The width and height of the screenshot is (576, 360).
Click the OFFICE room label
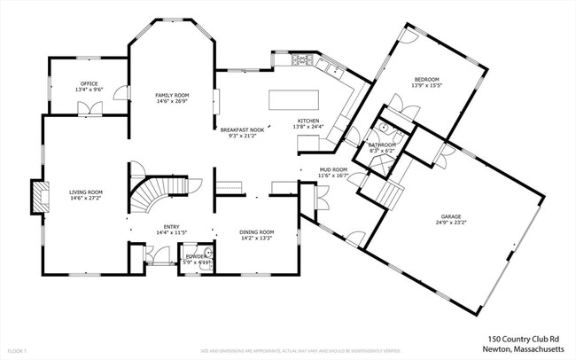[x=90, y=83]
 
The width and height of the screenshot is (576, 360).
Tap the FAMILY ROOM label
[x=172, y=95]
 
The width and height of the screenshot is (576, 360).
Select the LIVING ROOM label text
[x=87, y=192]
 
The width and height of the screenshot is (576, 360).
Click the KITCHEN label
[x=307, y=121]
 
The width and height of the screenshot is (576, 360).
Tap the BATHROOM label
[x=382, y=145]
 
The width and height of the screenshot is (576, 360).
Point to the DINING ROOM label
[x=257, y=232]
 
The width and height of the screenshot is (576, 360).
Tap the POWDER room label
[x=195, y=257]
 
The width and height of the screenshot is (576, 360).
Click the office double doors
[x=90, y=109]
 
